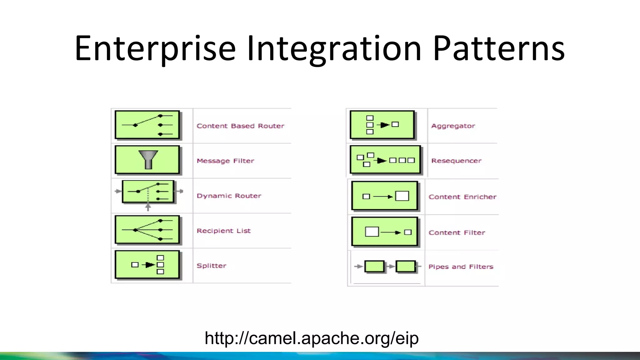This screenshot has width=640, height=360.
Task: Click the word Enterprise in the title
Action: pyautogui.click(x=155, y=48)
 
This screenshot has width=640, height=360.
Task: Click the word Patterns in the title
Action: pyautogui.click(x=499, y=48)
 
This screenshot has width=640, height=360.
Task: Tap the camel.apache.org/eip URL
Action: pyautogui.click(x=312, y=338)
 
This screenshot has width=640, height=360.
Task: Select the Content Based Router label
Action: pyautogui.click(x=240, y=126)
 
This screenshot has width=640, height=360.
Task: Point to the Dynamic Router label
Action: pyautogui.click(x=229, y=196)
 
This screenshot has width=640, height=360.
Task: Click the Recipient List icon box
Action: pyautogui.click(x=147, y=230)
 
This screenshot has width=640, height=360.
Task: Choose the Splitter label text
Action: pyautogui.click(x=212, y=266)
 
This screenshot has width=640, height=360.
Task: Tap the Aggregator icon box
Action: pyautogui.click(x=382, y=125)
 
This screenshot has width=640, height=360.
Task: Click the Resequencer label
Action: pyautogui.click(x=456, y=161)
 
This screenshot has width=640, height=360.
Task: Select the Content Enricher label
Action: pyautogui.click(x=462, y=197)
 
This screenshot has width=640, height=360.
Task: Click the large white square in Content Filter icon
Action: pyautogui.click(x=372, y=232)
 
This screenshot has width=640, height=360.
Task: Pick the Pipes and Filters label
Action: pyautogui.click(x=461, y=267)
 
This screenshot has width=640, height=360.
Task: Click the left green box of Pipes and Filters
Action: pyautogui.click(x=374, y=267)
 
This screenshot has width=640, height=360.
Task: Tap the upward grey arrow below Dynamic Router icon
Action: pyautogui.click(x=148, y=207)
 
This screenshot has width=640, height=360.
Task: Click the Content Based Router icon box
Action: pyautogui.click(x=147, y=125)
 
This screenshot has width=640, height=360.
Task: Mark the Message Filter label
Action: pyautogui.click(x=225, y=161)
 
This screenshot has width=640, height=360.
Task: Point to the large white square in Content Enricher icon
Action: pyautogui.click(x=402, y=196)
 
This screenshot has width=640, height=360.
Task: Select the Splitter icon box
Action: pyautogui.click(x=147, y=264)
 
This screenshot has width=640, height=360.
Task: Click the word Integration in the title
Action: pyautogui.click(x=334, y=48)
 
